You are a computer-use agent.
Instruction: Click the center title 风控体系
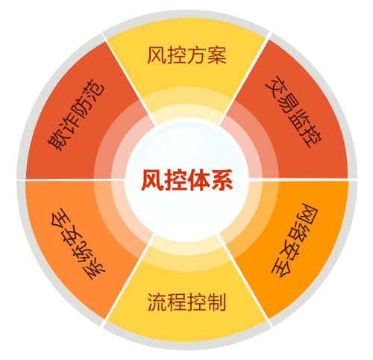(186, 180)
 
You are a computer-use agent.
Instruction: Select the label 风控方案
(186, 55)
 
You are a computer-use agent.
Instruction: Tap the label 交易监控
(293, 112)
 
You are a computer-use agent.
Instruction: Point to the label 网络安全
(295, 240)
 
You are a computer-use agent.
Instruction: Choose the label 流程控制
(186, 302)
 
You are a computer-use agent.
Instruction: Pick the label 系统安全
(78, 243)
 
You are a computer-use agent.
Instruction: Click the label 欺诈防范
(76, 115)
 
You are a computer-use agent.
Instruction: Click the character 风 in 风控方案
(157, 55)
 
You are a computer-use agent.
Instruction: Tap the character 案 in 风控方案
(217, 55)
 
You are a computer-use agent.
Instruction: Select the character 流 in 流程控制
(157, 302)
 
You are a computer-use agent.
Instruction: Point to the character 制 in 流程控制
(217, 302)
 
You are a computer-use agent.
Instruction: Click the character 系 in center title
(222, 180)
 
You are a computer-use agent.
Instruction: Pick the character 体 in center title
(198, 180)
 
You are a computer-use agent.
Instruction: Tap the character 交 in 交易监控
(274, 85)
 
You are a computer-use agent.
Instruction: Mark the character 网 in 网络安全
(308, 214)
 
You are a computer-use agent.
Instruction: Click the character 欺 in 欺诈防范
(57, 140)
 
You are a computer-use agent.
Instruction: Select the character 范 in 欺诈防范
(95, 89)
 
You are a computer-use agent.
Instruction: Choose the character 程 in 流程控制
(177, 302)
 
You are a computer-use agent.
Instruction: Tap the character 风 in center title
(152, 180)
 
